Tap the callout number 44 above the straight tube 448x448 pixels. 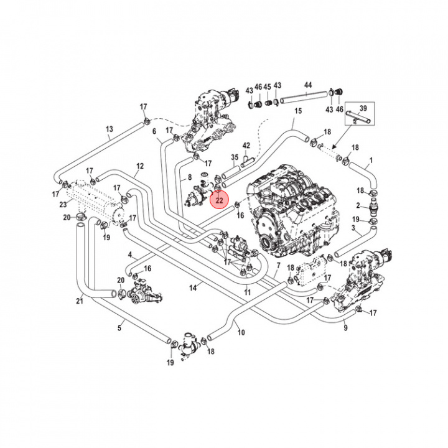[x=308, y=85]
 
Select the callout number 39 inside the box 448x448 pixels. [x=364, y=108]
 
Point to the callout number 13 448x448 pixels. [x=110, y=129]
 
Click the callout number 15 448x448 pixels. [x=298, y=111]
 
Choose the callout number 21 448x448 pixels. [x=79, y=302]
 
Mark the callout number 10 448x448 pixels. [x=241, y=332]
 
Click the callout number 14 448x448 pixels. [x=194, y=287]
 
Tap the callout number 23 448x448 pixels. [x=63, y=204]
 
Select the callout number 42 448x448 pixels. [x=246, y=145]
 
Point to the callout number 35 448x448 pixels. [x=235, y=158]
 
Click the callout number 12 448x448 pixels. [x=140, y=166]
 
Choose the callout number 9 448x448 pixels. [x=345, y=327]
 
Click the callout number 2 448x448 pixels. [x=358, y=205]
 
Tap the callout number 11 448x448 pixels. [x=247, y=291]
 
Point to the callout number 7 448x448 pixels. [x=278, y=266]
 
